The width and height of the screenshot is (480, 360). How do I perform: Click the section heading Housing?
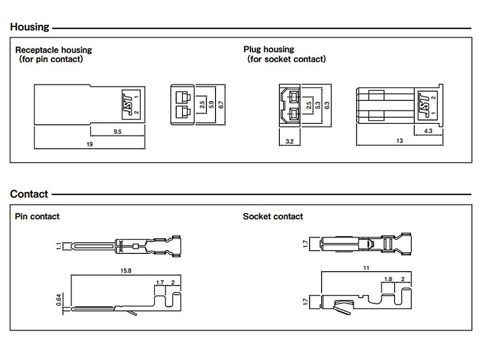tap(29, 27)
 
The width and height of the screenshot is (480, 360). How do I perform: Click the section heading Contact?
tap(29, 194)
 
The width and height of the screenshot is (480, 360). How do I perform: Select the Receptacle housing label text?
tap(53, 50)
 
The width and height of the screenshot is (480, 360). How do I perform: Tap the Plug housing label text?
tap(269, 49)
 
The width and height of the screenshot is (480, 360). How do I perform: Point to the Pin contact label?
tap(37, 216)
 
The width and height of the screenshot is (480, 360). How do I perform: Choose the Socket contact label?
tap(273, 216)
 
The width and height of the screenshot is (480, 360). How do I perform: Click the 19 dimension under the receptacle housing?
tap(89, 144)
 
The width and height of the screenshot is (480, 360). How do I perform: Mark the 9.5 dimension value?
tap(117, 131)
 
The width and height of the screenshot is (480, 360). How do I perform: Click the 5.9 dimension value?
tap(211, 104)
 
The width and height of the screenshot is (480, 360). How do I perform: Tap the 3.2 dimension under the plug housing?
tap(289, 141)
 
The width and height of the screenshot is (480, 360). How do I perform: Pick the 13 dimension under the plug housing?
tap(399, 141)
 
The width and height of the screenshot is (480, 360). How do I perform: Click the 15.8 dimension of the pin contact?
tap(126, 271)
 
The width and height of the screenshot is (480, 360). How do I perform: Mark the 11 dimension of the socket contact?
tap(366, 268)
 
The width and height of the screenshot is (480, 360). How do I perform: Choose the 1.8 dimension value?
tap(388, 279)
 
